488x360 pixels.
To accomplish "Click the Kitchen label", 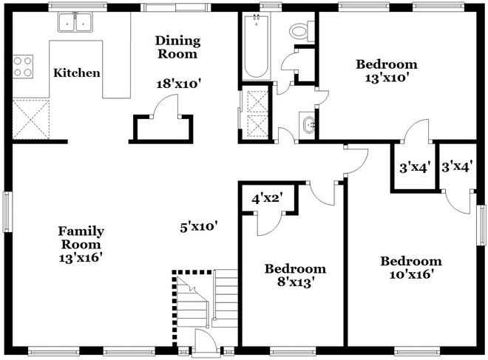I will pos(77,73).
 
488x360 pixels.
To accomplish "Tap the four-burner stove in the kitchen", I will pos(23,67).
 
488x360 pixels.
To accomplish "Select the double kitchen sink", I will pos(75,24).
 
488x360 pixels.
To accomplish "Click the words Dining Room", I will pos(177,47).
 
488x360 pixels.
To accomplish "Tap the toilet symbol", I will pos(299,30).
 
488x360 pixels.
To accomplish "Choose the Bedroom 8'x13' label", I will pos(295,275).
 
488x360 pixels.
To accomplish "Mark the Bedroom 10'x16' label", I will pos(410,268).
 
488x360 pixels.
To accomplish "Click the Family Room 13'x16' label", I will pos(81,244).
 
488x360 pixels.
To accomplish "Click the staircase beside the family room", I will pos(207,299).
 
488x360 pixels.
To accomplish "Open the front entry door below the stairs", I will pos(203,341).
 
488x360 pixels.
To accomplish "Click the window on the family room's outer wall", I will pos(7,214).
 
